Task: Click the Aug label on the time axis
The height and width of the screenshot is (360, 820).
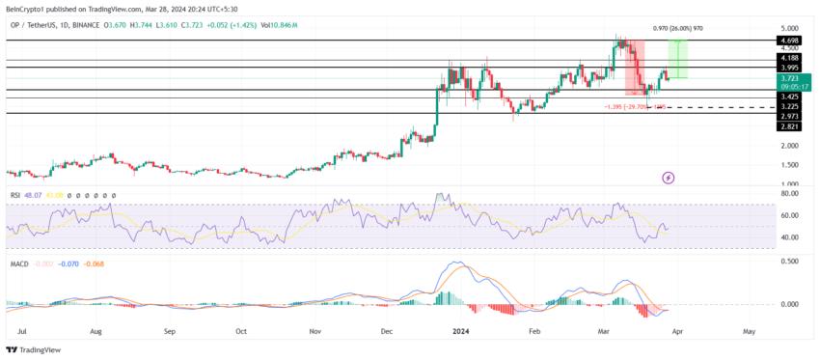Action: (95, 329)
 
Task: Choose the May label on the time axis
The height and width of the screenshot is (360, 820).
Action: (750, 329)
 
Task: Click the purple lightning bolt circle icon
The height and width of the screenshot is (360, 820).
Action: (669, 178)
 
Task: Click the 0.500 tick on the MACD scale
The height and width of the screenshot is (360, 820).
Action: (787, 261)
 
